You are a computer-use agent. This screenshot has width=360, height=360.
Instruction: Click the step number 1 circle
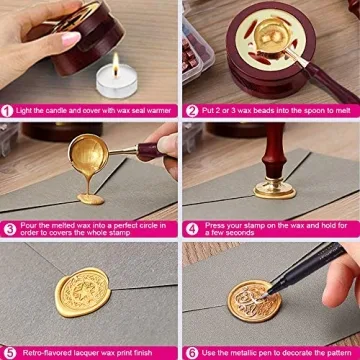8,110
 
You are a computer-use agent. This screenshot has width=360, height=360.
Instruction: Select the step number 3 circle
8,229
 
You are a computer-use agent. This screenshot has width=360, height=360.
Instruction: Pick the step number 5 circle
8,352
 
